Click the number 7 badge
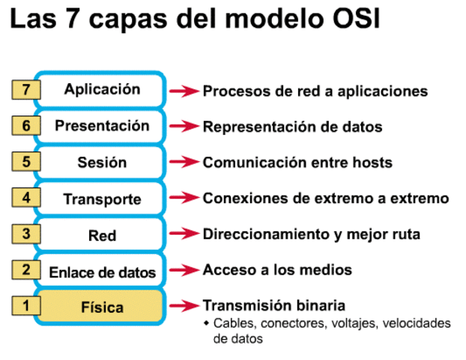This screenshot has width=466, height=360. [x=26, y=90]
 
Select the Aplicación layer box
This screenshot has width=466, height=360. [x=102, y=89]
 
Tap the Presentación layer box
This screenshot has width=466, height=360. [x=102, y=126]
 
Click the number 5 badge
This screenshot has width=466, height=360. [x=26, y=162]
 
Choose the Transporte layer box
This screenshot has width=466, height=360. [x=102, y=199]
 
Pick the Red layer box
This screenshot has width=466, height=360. [x=102, y=235]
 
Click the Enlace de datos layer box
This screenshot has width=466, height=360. [x=102, y=271]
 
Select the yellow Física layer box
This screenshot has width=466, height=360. [x=102, y=307]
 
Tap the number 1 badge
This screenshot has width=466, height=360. [x=26, y=306]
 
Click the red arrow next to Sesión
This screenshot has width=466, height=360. [x=183, y=163]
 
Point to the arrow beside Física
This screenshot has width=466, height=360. [x=183, y=306]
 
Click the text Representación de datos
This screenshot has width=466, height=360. [x=292, y=127]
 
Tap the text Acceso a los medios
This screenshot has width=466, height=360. [x=277, y=270]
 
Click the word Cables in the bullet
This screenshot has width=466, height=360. [x=231, y=323]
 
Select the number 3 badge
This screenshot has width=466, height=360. [x=26, y=234]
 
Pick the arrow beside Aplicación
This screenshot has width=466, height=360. [x=183, y=91]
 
